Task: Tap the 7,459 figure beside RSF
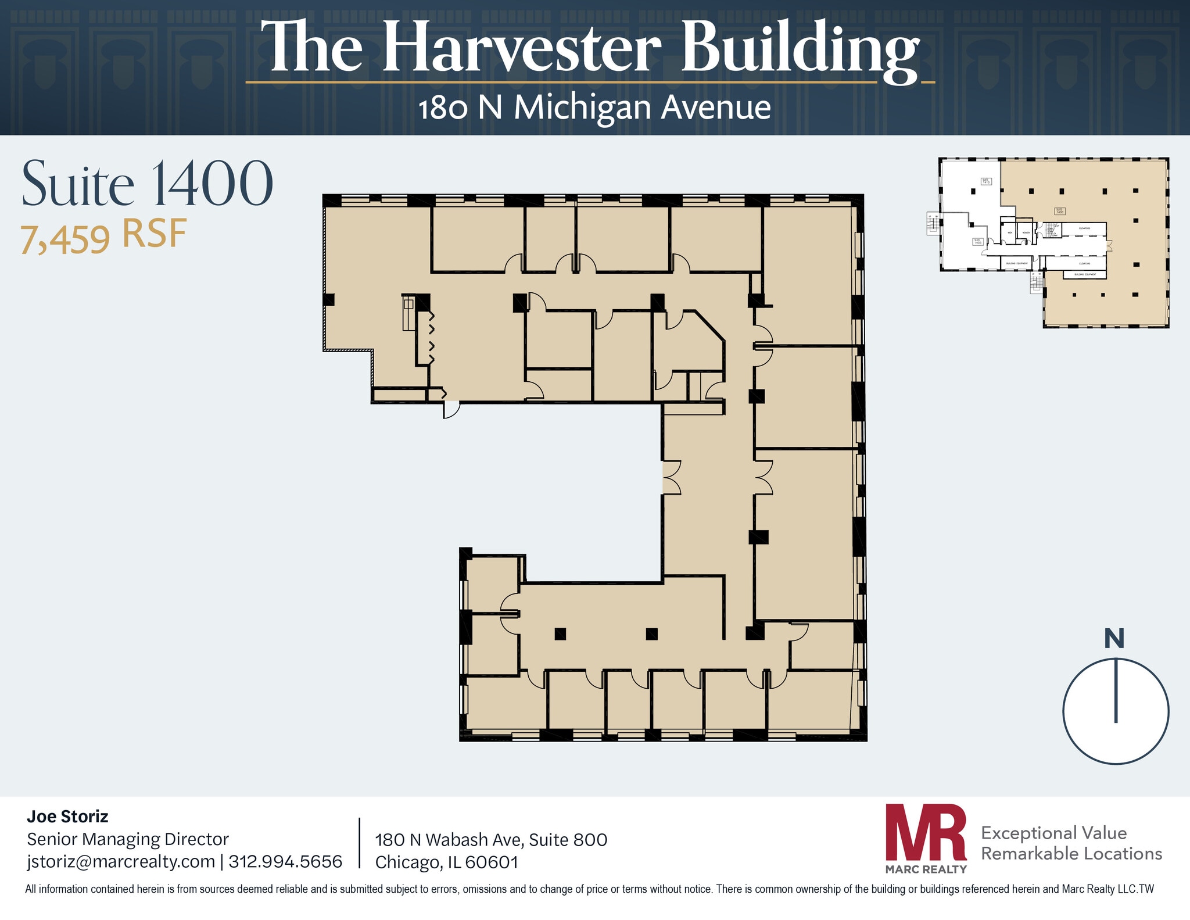[x=65, y=239]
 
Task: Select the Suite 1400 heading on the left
[x=147, y=184]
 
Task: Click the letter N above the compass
[x=1114, y=639]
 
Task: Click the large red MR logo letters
[x=925, y=832]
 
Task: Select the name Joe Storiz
[x=67, y=817]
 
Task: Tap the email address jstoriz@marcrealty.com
[x=121, y=861]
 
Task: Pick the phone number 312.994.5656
[x=285, y=861]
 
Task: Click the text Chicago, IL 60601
[x=446, y=862]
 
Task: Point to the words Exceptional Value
[x=1053, y=833]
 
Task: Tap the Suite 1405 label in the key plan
[x=978, y=241]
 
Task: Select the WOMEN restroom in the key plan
[x=1026, y=233]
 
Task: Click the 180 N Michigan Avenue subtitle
[x=594, y=108]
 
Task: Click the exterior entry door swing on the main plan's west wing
[x=451, y=409]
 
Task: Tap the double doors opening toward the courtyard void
[x=672, y=477]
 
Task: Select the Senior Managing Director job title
[x=128, y=839]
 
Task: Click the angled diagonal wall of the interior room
[x=710, y=326]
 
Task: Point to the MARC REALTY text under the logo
[x=926, y=869]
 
